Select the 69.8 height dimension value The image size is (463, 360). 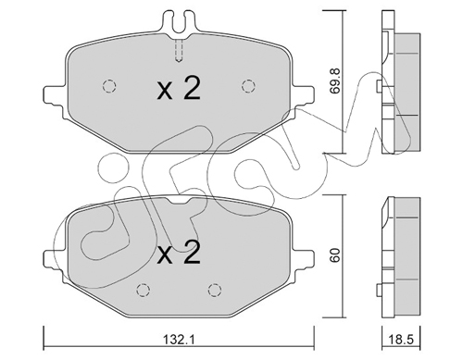[334, 81]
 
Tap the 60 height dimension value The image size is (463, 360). [334, 254]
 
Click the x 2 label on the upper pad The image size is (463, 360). [179, 88]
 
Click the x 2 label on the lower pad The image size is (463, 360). [179, 252]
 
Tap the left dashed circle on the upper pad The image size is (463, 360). [109, 86]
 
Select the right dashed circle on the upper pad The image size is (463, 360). [248, 86]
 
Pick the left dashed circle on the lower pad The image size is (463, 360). [143, 290]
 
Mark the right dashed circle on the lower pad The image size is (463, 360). [215, 290]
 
